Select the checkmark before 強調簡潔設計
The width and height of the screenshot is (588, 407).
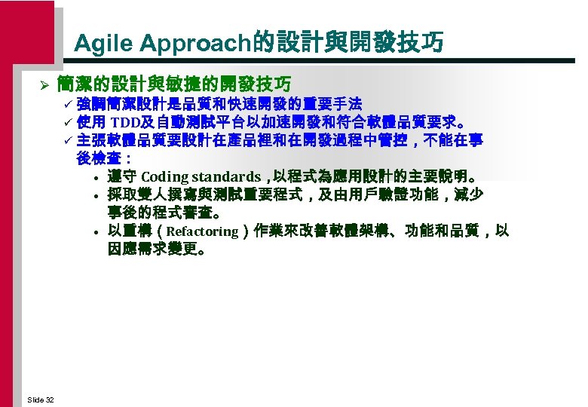tap(67, 103)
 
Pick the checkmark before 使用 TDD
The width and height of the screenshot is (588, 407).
tap(67, 121)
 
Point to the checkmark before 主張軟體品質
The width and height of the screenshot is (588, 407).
tap(67, 140)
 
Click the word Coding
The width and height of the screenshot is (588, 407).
tap(164, 177)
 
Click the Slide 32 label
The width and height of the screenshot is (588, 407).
tap(40, 399)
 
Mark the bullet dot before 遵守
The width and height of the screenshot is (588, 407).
tap(99, 179)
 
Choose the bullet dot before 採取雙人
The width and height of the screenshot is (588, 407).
tap(99, 196)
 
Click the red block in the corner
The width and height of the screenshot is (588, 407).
tap(26, 30)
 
